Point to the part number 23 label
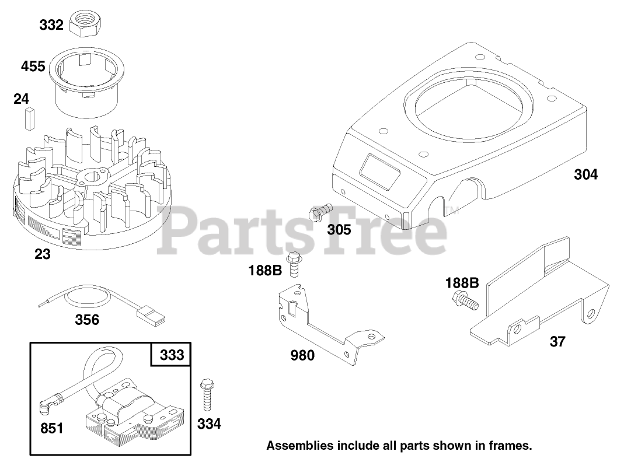(42, 254)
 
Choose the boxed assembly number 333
(172, 355)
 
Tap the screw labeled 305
(321, 211)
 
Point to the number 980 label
(302, 355)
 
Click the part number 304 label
(585, 174)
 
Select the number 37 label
(557, 341)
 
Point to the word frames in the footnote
(512, 446)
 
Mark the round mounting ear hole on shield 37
(591, 314)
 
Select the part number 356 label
(87, 320)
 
